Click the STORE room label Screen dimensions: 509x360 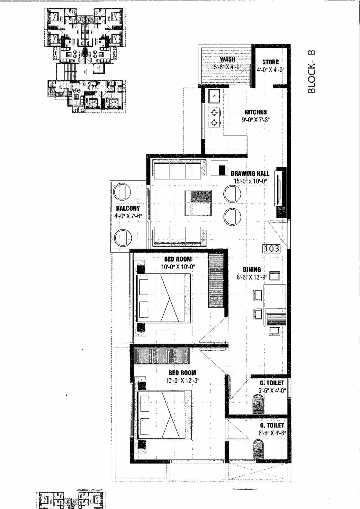(270, 62)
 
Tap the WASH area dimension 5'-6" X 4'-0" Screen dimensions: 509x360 (227, 67)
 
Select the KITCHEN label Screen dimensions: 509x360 (255, 112)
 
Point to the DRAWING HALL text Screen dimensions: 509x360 (250, 174)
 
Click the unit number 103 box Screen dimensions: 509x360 (272, 248)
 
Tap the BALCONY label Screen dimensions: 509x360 (128, 208)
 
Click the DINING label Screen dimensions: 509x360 (252, 269)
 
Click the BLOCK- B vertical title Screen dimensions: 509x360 (312, 72)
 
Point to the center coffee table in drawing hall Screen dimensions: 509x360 (198, 203)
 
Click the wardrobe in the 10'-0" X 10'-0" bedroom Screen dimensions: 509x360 (216, 280)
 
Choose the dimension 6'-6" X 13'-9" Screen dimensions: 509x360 (252, 277)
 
